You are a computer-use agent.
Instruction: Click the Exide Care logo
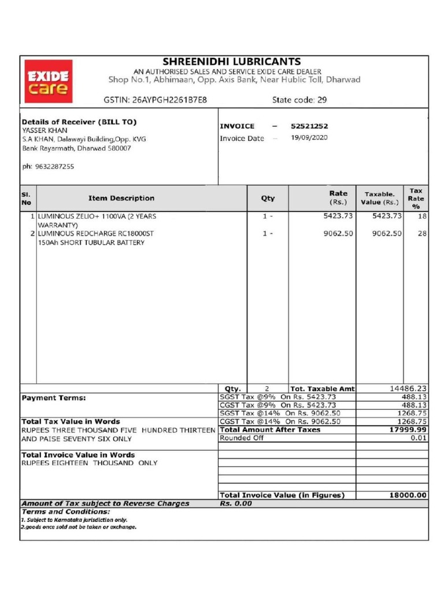(x=49, y=82)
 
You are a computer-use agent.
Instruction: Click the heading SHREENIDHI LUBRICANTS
(x=231, y=62)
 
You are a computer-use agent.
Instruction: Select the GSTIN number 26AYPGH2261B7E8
(x=169, y=100)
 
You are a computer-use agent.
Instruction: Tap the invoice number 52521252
(x=310, y=126)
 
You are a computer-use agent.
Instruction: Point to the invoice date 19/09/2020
(x=309, y=138)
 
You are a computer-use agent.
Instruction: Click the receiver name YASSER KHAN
(x=45, y=130)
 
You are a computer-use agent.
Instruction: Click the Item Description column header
(x=121, y=198)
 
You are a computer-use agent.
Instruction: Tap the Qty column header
(x=268, y=198)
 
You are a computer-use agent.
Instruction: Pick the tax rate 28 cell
(x=421, y=233)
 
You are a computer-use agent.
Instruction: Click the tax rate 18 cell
(x=421, y=216)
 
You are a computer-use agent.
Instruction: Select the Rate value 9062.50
(x=339, y=233)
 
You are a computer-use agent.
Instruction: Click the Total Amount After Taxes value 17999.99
(x=408, y=430)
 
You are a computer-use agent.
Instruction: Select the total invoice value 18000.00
(x=408, y=495)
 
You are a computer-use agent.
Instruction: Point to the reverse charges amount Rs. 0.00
(x=236, y=503)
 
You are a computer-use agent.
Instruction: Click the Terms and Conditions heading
(x=65, y=511)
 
